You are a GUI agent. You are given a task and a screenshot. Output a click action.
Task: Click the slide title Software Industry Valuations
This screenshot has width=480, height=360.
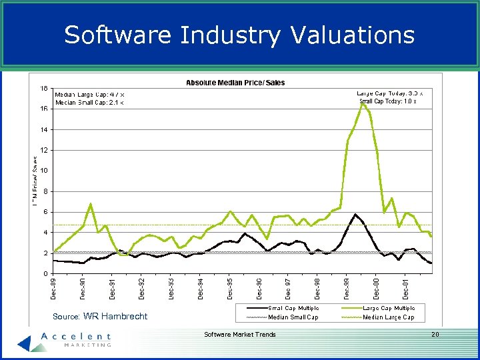[x=239, y=35]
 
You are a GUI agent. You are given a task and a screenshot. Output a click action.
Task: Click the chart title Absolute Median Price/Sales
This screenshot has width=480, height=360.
[x=235, y=83]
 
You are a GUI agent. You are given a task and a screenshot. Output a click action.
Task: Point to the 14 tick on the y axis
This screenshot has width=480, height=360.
[x=43, y=129]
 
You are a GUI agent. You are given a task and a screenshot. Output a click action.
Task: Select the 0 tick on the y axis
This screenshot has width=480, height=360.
[x=45, y=274]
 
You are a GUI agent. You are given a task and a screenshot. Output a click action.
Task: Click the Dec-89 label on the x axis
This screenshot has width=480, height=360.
[x=54, y=289]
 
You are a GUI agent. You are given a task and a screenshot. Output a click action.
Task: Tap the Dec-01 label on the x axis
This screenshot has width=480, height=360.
[x=406, y=289]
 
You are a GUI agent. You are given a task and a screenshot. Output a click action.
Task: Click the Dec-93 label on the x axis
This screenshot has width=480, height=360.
[x=171, y=289]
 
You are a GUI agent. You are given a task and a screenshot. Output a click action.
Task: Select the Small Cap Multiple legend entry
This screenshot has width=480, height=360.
[x=293, y=308]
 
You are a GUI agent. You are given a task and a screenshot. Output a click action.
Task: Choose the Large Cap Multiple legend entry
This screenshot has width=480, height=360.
[x=389, y=308]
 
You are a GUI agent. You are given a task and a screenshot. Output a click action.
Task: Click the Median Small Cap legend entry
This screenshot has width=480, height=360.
[x=293, y=317]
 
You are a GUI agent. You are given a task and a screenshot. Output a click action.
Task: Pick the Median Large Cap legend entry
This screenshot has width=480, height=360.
[x=389, y=317]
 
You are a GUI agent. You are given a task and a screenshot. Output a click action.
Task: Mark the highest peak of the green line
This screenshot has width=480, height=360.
[x=362, y=103]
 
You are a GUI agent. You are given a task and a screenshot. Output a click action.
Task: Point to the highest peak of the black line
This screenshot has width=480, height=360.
[x=355, y=214]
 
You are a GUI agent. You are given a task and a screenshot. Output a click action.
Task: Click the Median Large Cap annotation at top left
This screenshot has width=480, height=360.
[x=88, y=95]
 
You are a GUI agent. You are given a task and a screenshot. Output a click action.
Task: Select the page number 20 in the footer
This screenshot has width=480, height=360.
[x=435, y=334]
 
